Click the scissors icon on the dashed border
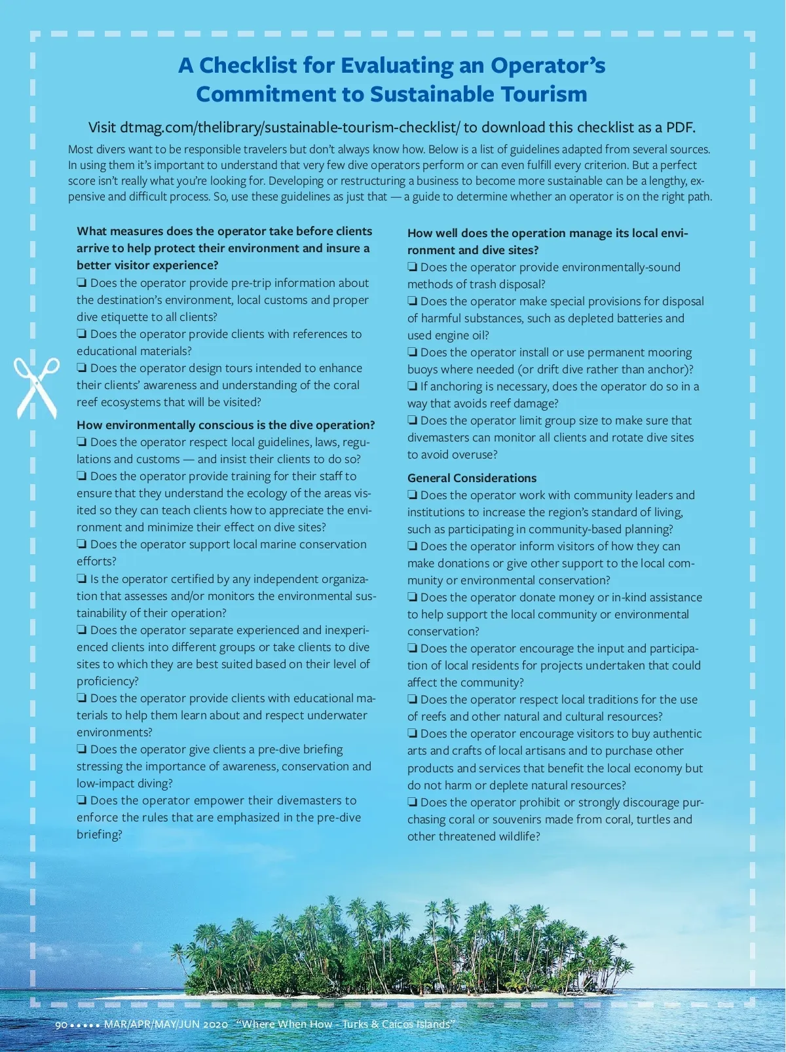(37, 387)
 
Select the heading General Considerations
(472, 478)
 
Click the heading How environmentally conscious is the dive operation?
(226, 425)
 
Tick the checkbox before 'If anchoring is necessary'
(413, 386)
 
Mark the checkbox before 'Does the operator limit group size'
(413, 421)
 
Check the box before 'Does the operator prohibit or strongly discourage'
(413, 802)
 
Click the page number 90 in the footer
(61, 1024)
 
